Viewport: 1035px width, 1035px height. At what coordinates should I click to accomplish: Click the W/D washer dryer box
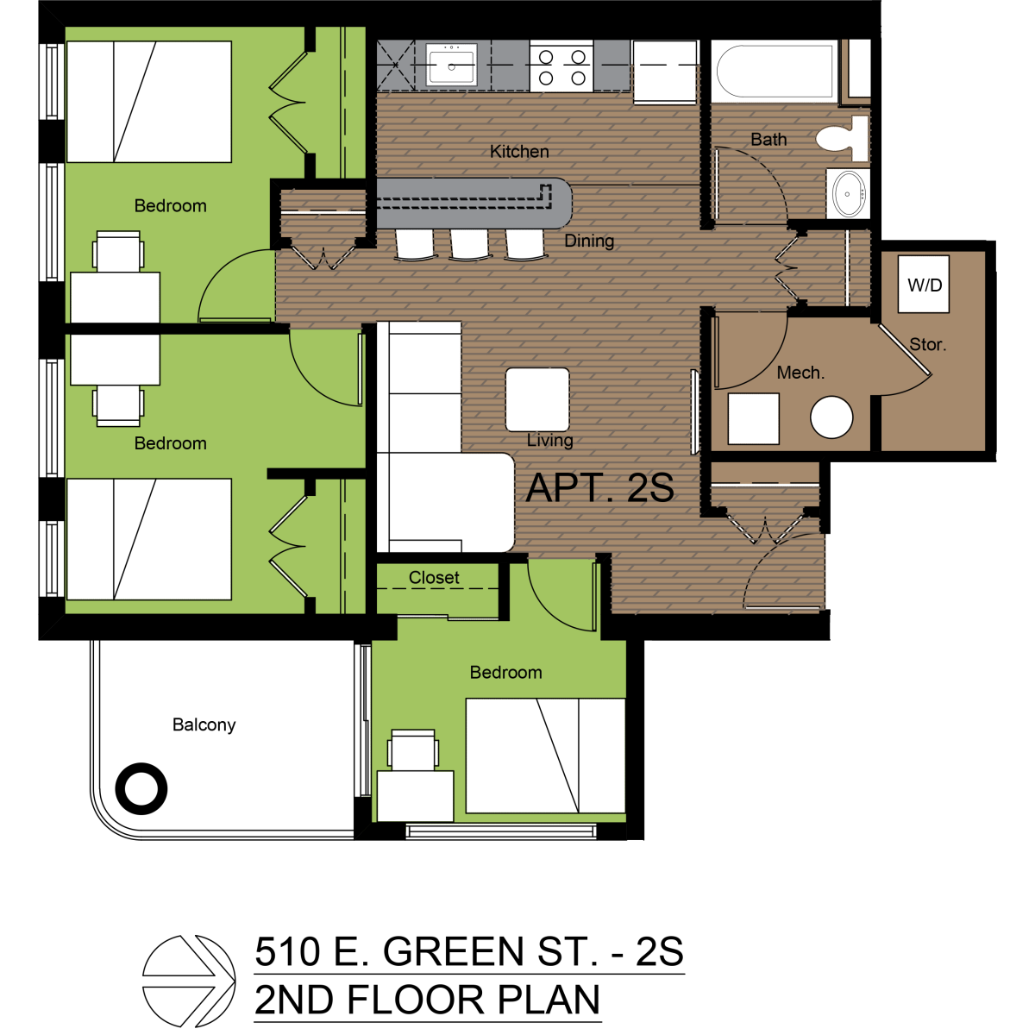[x=924, y=285]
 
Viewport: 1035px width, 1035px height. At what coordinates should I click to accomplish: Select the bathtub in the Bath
[x=775, y=71]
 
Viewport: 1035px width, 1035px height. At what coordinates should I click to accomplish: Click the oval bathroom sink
[x=850, y=194]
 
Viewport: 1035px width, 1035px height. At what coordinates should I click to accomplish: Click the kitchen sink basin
[x=451, y=65]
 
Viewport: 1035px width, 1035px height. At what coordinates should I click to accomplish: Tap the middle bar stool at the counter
[x=470, y=243]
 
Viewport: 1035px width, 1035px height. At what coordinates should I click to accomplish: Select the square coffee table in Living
[x=537, y=399]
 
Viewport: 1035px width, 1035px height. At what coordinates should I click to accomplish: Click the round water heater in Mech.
[x=831, y=417]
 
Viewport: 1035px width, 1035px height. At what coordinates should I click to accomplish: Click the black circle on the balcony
[x=141, y=788]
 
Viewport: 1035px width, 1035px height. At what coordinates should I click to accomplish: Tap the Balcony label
[x=204, y=724]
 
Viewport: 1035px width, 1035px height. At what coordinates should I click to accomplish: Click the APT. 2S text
[x=599, y=488]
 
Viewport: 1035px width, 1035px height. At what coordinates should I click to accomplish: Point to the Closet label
[x=434, y=578]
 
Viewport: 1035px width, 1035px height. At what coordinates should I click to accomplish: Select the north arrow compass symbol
[x=189, y=981]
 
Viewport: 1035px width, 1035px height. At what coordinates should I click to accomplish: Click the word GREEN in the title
[x=454, y=952]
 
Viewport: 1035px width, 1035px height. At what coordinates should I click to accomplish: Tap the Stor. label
[x=928, y=344]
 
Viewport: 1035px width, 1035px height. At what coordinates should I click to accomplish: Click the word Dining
[x=589, y=241]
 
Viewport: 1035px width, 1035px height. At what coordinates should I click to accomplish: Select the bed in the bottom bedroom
[x=545, y=756]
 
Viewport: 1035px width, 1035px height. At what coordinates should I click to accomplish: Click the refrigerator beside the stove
[x=665, y=72]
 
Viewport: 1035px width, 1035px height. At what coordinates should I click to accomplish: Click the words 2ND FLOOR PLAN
[x=427, y=1000]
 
